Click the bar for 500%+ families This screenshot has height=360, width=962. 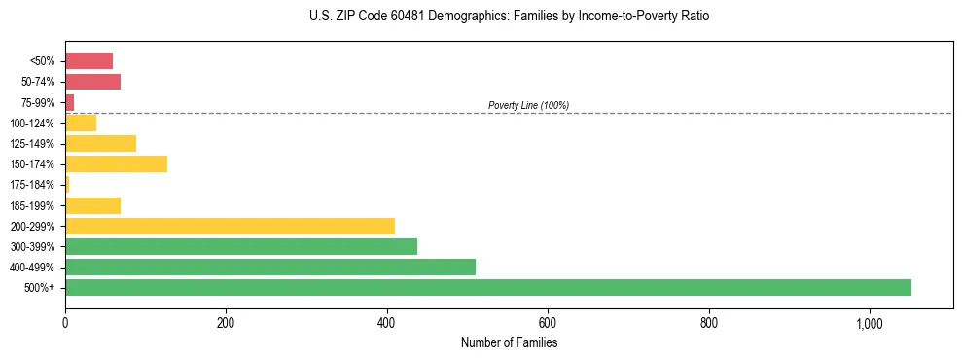pos(487,287)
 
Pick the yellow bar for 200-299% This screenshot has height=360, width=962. pos(230,226)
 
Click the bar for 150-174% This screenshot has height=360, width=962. pos(116,163)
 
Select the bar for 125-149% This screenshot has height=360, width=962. pos(100,143)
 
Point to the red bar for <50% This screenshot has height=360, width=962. pos(89,60)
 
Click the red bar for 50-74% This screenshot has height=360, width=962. pos(92,81)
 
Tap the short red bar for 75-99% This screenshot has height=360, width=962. pos(70,102)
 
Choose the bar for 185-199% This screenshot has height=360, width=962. pos(92,205)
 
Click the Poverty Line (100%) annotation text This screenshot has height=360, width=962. pos(528,105)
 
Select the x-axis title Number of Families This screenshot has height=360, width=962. pos(509,342)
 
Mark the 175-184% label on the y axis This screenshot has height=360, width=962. pos(32,185)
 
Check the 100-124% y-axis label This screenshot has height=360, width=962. pos(32,123)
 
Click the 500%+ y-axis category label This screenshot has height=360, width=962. pos(40,288)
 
